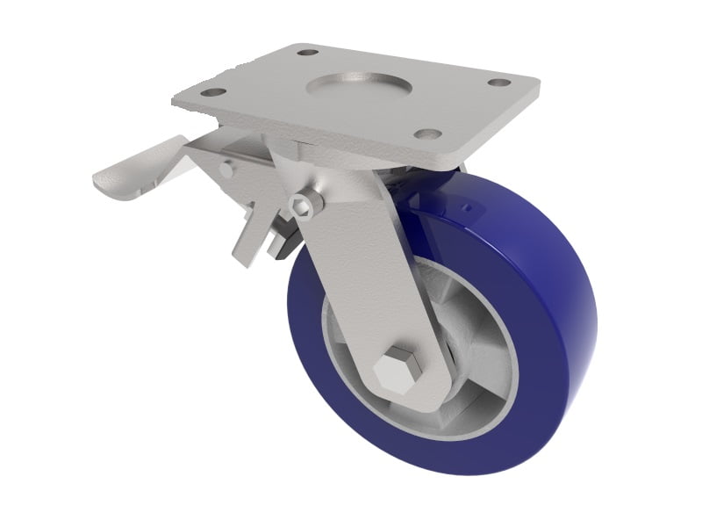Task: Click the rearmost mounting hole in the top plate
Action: [307, 53]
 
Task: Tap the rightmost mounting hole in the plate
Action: [498, 83]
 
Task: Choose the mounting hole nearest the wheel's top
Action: [427, 134]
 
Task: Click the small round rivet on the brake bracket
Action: [226, 170]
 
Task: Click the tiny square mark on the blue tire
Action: [467, 208]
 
